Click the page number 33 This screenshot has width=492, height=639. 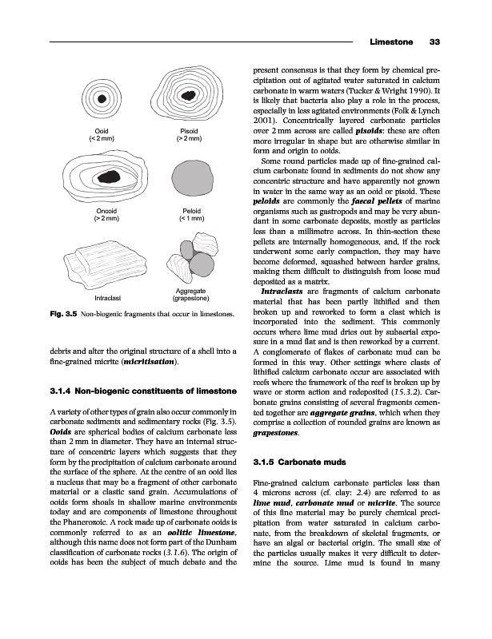pyautogui.click(x=436, y=42)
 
